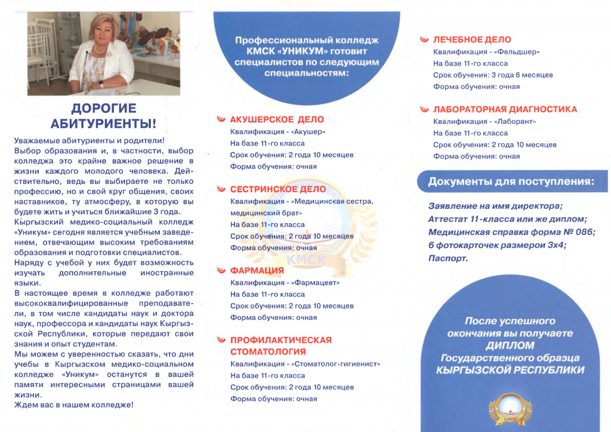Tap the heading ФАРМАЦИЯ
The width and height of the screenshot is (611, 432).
(257, 271)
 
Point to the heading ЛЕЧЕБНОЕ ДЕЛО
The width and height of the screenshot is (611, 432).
(471, 40)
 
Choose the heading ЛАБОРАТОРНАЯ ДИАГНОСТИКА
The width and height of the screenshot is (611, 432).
(505, 110)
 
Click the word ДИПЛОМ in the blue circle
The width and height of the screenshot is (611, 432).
(510, 345)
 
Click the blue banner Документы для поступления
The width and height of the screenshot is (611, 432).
(511, 181)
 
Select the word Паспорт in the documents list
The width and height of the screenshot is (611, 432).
(448, 258)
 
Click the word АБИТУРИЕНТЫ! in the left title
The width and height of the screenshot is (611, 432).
(104, 124)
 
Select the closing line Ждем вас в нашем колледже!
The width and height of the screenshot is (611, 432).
(74, 405)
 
